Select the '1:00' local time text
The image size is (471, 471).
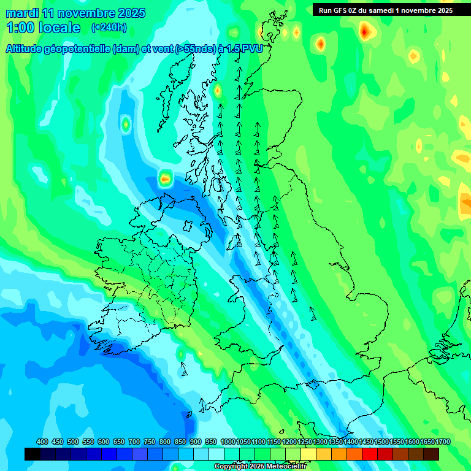[x=21, y=28]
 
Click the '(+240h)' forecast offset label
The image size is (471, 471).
[x=109, y=28]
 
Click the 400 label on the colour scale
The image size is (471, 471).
[x=42, y=442]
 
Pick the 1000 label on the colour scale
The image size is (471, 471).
[x=228, y=442]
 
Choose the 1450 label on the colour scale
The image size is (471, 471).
[x=366, y=442]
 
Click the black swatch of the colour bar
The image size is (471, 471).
[x=33, y=454]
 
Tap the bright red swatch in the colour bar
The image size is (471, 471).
[x=370, y=454]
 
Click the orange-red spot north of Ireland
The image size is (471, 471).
[x=165, y=179]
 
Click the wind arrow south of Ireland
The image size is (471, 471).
[x=183, y=369]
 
